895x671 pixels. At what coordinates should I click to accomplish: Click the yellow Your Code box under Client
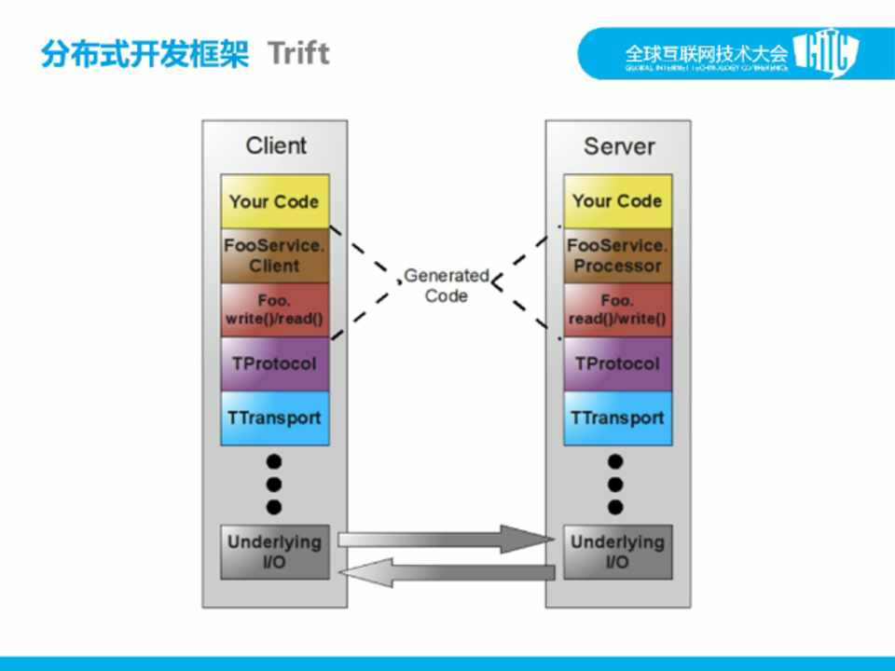[274, 201]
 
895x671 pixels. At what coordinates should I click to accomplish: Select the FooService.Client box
[274, 255]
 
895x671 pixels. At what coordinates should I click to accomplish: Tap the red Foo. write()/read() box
[274, 309]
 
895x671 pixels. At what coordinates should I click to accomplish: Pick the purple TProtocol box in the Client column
[274, 363]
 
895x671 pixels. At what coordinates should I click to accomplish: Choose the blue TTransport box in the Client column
[274, 418]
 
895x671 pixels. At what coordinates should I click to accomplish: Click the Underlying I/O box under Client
[274, 552]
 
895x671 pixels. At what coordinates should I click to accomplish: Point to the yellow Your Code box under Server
[617, 201]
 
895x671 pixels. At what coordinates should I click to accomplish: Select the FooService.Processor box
[617, 255]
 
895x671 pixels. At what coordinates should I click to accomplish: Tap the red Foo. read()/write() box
[617, 309]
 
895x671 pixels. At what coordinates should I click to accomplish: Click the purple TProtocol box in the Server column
[617, 363]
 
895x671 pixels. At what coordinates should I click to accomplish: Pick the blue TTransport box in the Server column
[617, 418]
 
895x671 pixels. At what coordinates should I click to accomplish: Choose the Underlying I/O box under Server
[617, 552]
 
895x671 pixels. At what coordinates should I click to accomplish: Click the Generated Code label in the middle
[446, 285]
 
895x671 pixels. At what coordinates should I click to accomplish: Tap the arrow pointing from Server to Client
[447, 572]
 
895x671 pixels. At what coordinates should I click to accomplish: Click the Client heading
[276, 145]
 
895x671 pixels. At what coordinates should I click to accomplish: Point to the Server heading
[619, 146]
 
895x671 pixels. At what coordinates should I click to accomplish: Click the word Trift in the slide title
[298, 53]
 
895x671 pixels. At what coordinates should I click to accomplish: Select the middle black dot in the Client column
[274, 484]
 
